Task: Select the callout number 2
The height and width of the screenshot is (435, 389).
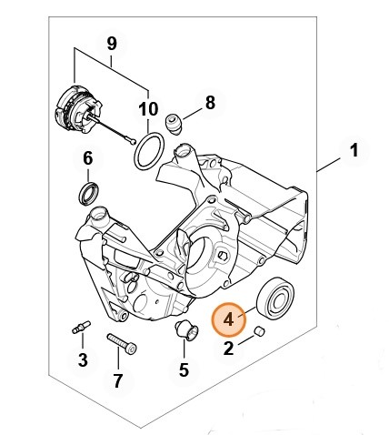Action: pos(229,347)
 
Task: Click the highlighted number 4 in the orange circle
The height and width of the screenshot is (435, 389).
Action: pos(229,320)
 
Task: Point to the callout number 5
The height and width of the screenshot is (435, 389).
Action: pos(184,369)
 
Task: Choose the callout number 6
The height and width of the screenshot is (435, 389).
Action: pos(87,158)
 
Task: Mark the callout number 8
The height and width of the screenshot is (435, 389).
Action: pos(210,102)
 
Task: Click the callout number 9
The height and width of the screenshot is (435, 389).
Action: pos(112,43)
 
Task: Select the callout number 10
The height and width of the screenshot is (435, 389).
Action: pos(148,110)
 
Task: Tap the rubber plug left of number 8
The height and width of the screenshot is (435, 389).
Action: pos(178,120)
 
